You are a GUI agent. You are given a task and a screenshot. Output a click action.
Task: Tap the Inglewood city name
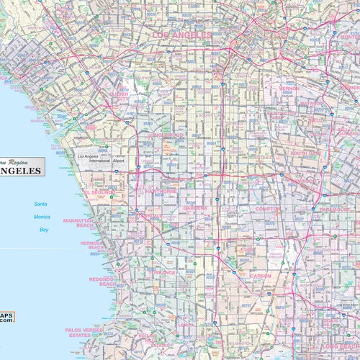tap(166, 135)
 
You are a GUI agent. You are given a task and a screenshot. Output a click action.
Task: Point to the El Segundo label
tap(98, 193)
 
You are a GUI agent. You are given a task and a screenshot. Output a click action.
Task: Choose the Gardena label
tap(194, 207)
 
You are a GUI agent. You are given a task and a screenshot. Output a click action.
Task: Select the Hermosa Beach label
tap(94, 246)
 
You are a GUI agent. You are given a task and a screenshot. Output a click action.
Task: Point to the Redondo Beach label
tap(102, 281)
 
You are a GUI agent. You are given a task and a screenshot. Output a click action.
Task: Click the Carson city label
tap(260, 276)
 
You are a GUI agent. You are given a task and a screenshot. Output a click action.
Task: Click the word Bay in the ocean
tap(44, 230)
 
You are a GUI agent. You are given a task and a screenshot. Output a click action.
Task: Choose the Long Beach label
tap(339, 346)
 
